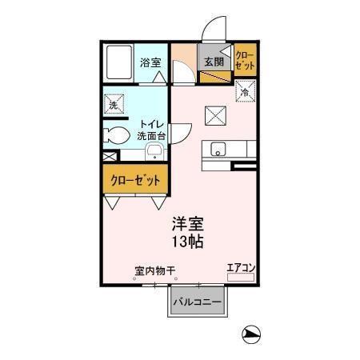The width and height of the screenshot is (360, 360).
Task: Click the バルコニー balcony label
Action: [199, 302]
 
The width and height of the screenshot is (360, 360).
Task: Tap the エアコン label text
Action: [239, 268]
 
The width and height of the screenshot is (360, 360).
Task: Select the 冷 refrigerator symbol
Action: [244, 92]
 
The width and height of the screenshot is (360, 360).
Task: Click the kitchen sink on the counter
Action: [218, 149]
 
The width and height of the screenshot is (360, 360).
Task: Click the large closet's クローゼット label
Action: [134, 180]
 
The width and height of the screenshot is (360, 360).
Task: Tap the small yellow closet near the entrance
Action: [244, 61]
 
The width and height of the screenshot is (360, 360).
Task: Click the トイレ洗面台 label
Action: [152, 130]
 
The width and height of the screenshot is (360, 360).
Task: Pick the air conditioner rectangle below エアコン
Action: [240, 277]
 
